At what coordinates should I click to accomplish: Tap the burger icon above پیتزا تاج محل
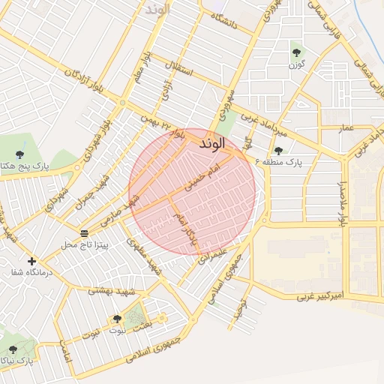pyautogui.click(x=83, y=232)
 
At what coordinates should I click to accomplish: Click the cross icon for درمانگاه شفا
pyautogui.click(x=31, y=262)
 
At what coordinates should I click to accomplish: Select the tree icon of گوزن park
pyautogui.click(x=297, y=52)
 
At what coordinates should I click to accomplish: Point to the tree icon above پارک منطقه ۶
pyautogui.click(x=278, y=151)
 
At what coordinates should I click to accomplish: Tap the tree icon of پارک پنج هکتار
pyautogui.click(x=19, y=154)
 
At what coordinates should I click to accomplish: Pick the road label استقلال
pyautogui.click(x=182, y=73)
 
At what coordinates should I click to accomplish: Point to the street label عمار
pyautogui.click(x=346, y=129)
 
